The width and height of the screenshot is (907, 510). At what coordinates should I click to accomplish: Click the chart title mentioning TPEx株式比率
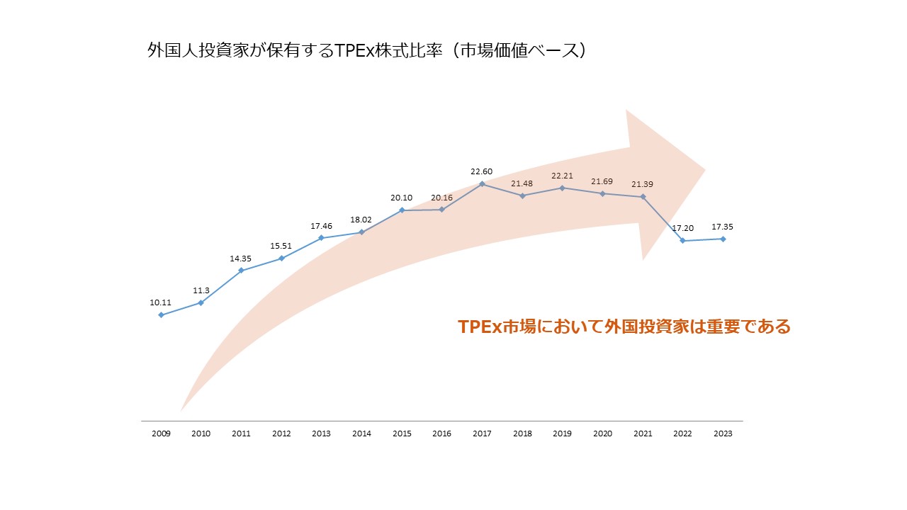coord(366,52)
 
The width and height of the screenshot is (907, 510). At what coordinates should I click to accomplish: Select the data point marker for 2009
coord(161,315)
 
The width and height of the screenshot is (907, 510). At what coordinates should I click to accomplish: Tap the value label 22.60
coord(482,171)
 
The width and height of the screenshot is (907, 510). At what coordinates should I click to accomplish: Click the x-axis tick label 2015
coord(402,433)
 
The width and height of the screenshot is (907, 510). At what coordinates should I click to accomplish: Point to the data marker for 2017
coord(482,184)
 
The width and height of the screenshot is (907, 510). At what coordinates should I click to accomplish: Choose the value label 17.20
coord(682,228)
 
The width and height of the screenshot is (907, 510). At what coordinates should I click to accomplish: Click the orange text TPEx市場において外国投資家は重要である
coord(624,327)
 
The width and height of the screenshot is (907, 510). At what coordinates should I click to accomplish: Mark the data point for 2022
coord(682,241)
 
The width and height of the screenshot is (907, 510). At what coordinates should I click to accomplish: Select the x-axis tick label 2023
coord(722,433)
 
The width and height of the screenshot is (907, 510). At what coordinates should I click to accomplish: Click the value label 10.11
coord(161,302)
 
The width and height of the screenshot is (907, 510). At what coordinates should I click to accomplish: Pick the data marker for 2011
coord(242,271)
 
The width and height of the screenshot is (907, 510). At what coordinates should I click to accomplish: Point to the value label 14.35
coord(241,259)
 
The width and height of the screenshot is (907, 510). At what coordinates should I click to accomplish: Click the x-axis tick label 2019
coord(562,433)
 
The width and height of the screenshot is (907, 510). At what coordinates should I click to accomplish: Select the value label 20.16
coord(441,198)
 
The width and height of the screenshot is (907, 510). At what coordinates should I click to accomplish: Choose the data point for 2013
coord(321,238)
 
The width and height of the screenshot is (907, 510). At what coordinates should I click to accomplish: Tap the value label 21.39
coord(642,184)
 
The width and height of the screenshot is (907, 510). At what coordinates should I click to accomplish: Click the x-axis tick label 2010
coord(201,433)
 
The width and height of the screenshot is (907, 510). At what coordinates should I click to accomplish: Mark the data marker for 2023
coord(723,239)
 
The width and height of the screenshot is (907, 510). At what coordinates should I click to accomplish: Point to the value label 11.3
coord(201,290)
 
